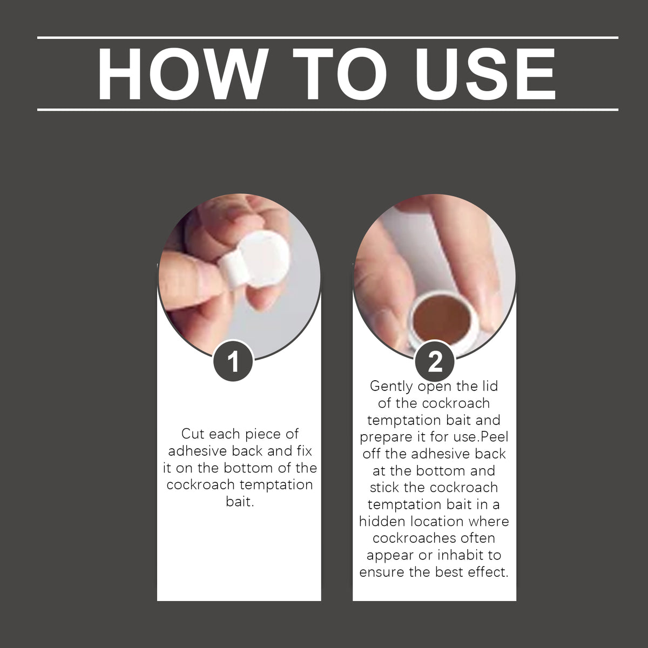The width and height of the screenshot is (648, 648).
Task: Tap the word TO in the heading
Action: coord(340,74)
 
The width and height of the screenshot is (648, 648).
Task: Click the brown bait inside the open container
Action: coord(441,320)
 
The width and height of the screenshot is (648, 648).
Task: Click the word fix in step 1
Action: coord(305,451)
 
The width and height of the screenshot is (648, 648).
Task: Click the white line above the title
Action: coord(328,38)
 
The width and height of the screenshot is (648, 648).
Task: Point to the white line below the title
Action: coord(328,110)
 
